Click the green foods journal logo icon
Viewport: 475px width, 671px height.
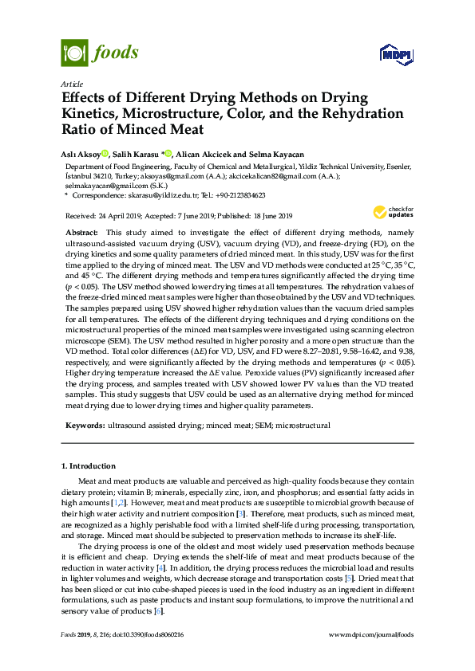[x=73, y=53]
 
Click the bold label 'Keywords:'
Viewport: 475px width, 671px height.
[x=85, y=426]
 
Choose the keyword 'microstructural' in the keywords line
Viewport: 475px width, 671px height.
[x=303, y=426]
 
